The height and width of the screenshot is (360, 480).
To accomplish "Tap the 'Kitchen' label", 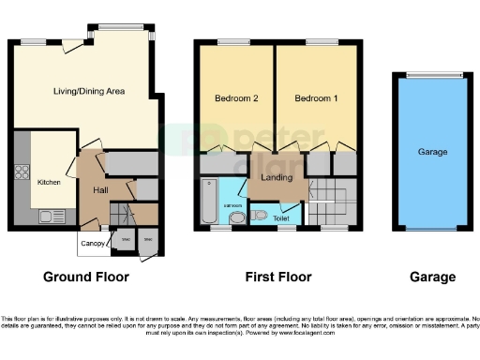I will click(x=48, y=183).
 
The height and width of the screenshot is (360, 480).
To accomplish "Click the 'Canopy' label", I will click(x=91, y=245).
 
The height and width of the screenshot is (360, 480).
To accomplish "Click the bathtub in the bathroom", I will click(x=207, y=200).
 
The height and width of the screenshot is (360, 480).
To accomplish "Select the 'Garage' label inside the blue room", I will click(x=431, y=151).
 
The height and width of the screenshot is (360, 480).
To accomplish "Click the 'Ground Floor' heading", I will click(x=86, y=277).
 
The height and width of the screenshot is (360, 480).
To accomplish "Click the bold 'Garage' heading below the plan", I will click(x=432, y=277).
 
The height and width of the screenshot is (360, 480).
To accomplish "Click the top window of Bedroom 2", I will click(x=231, y=42).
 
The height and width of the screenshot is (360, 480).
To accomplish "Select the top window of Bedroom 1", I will click(x=322, y=42).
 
